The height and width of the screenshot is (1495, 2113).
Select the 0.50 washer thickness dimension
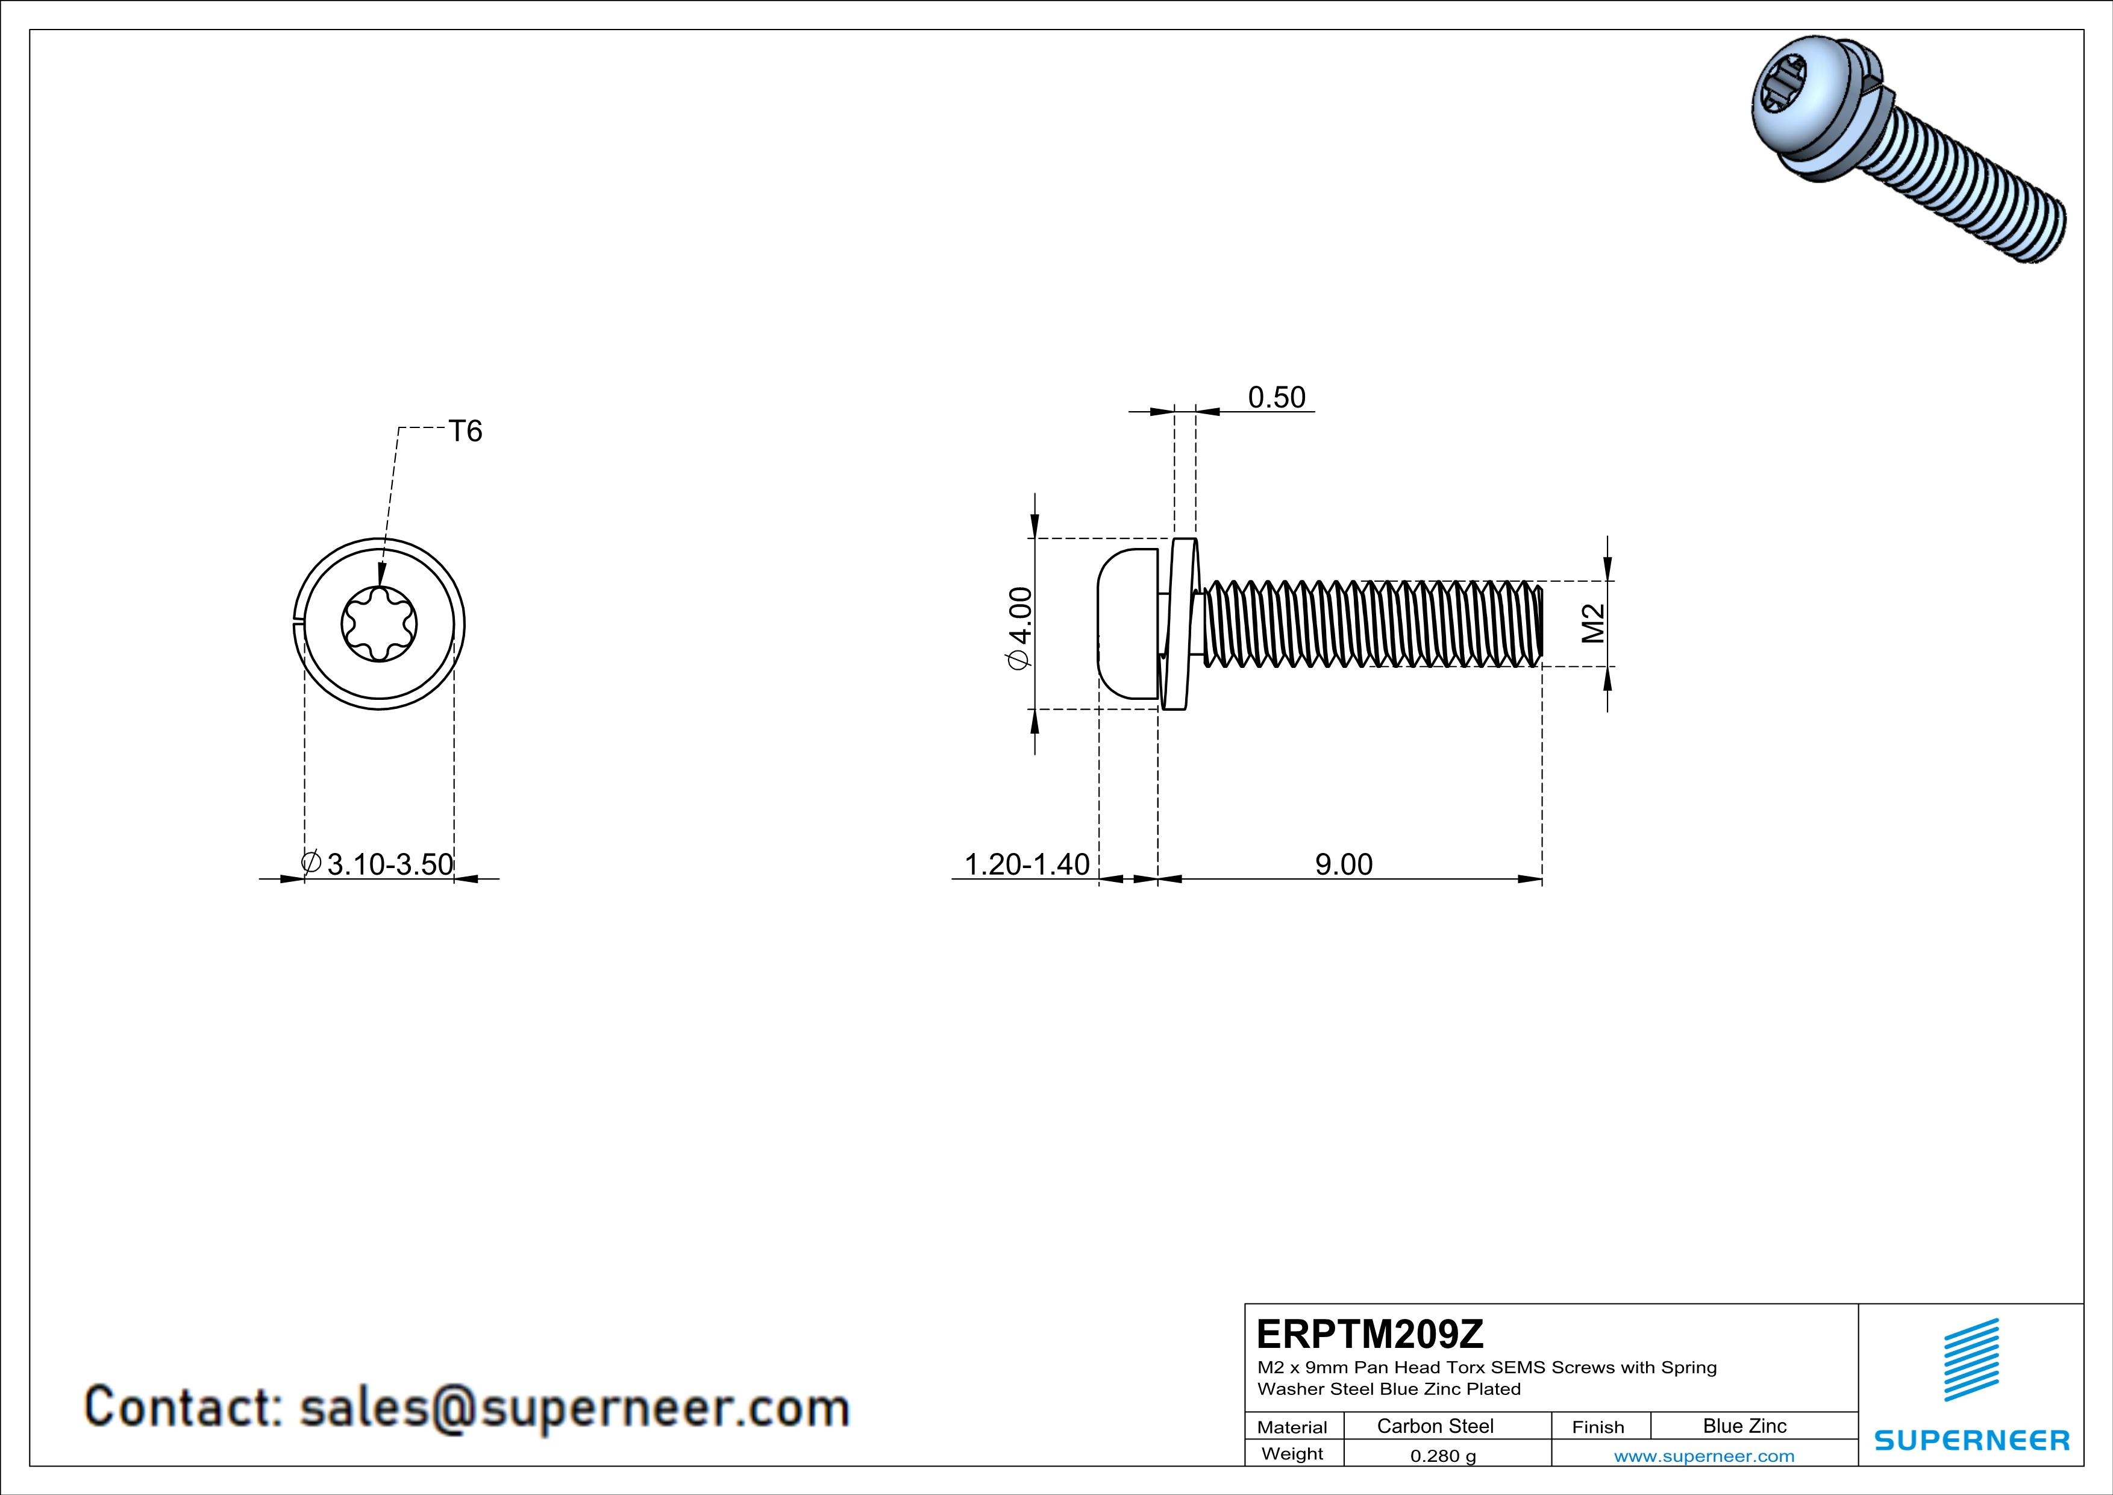[1277, 398]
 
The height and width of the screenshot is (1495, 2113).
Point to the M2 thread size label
[1593, 623]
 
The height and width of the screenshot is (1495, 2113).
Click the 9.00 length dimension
[1344, 864]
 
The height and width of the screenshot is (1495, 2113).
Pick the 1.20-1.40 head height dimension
[1026, 864]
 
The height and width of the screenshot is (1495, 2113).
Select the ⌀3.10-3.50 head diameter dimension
[378, 864]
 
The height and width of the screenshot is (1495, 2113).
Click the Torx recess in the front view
[379, 624]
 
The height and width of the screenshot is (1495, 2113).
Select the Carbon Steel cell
[1435, 1426]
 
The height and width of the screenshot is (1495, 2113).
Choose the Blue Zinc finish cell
[1744, 1426]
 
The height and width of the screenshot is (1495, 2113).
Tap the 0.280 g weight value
[1442, 1455]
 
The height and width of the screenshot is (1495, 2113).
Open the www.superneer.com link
[1703, 1455]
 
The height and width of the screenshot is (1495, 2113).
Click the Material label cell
[1292, 1427]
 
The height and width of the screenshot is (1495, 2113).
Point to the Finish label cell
[1598, 1427]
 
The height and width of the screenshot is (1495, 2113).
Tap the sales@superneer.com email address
[574, 1408]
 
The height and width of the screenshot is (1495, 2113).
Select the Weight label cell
[1292, 1453]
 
